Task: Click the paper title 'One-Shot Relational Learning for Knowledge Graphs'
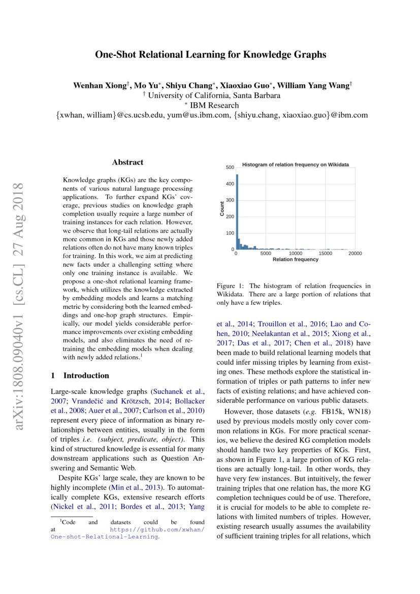[210, 55]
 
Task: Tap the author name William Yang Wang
[317, 86]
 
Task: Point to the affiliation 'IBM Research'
[213, 106]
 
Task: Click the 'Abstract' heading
[127, 163]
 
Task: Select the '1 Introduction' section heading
[80, 376]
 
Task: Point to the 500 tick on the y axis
[230, 167]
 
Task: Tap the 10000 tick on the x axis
[296, 254]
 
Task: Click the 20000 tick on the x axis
[355, 254]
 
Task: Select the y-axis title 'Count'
[222, 209]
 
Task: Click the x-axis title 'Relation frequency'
[296, 260]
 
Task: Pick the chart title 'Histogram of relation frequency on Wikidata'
[295, 165]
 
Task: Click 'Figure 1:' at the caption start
[230, 286]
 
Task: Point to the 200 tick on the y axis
[230, 216]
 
